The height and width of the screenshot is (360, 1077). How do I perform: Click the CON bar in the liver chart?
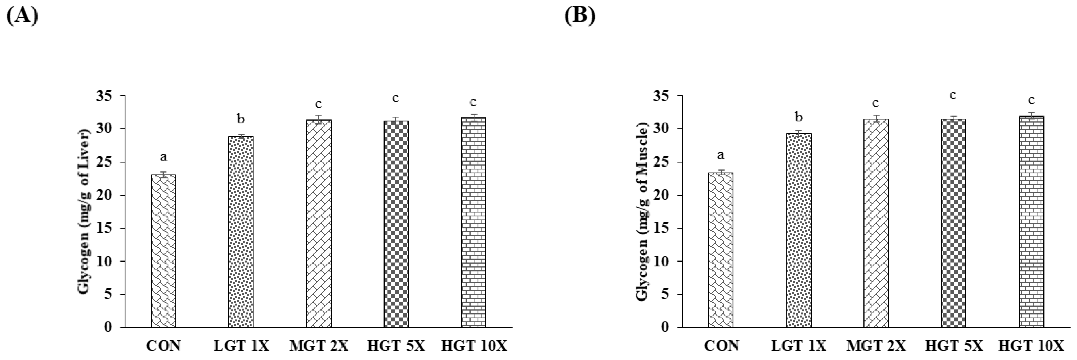[164, 251]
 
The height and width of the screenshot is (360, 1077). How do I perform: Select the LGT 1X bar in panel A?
[240, 232]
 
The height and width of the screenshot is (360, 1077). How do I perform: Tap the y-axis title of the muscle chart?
[642, 212]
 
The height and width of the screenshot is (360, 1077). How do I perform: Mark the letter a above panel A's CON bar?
[164, 157]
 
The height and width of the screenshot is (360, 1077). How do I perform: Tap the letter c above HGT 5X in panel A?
[395, 98]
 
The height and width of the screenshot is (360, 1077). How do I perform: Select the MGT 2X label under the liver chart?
[319, 346]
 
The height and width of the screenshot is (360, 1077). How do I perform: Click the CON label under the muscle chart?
[721, 346]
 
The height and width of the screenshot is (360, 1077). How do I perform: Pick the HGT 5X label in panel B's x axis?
[953, 346]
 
